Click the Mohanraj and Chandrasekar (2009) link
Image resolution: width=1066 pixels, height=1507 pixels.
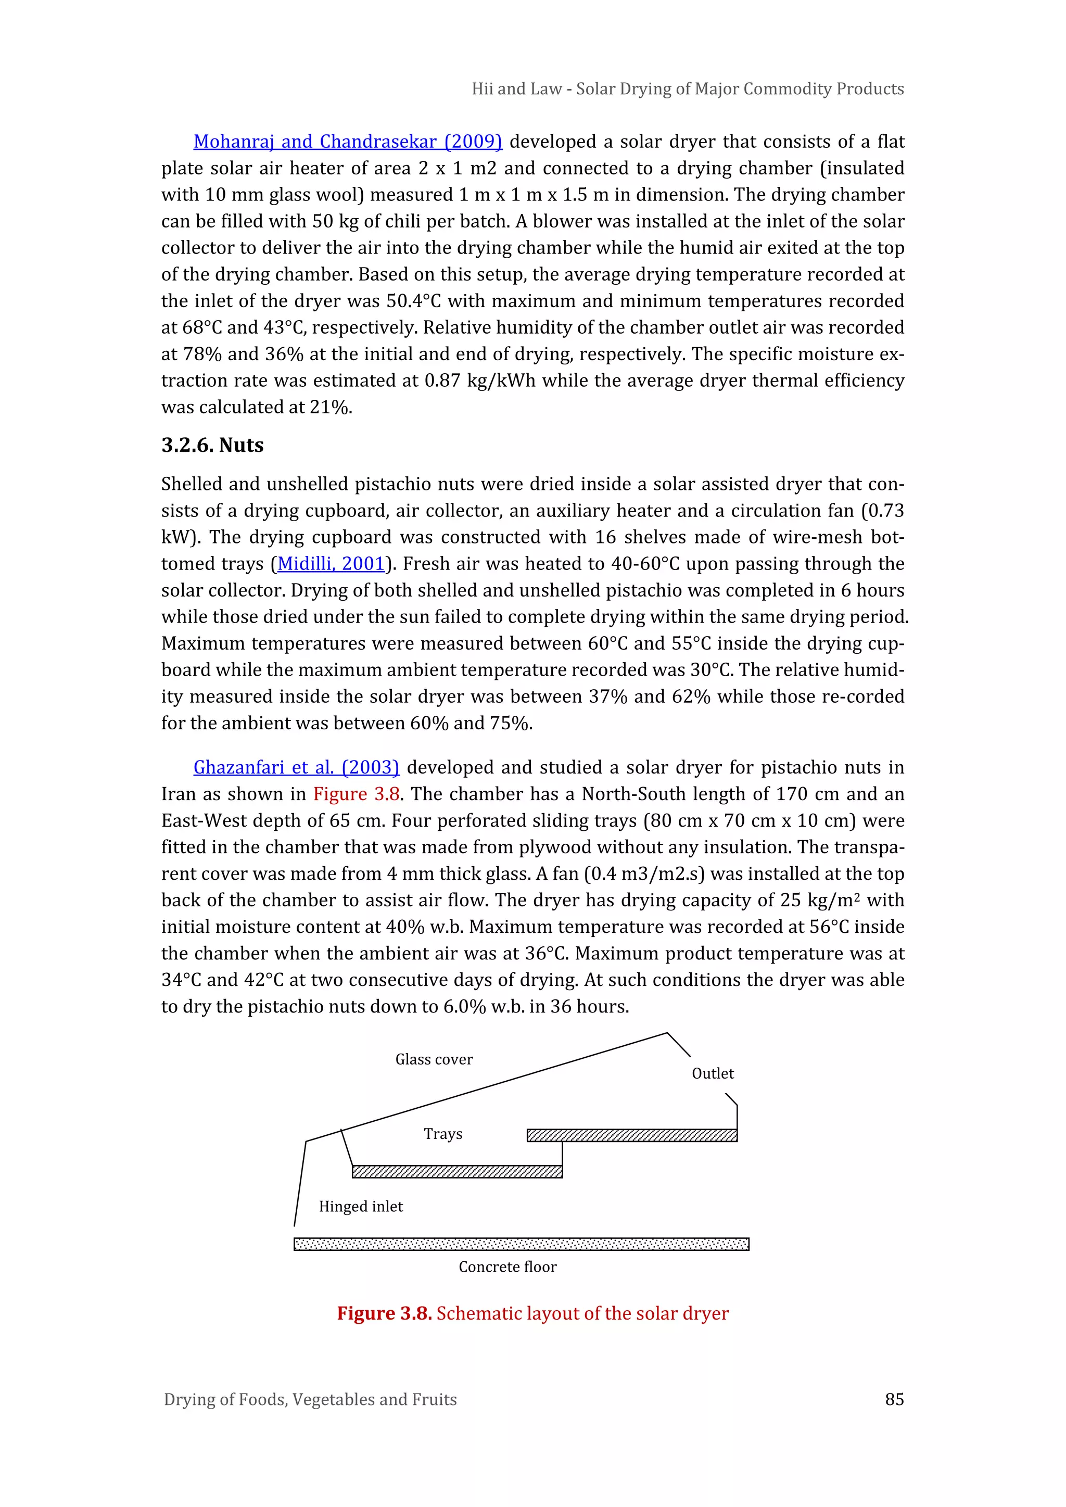tap(347, 142)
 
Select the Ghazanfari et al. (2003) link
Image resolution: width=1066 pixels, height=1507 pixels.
tap(296, 767)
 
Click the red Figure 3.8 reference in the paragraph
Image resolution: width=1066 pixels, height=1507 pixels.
tap(357, 794)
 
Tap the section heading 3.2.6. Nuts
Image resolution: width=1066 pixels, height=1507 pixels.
tap(212, 445)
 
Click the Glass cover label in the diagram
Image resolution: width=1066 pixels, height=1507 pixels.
tap(434, 1059)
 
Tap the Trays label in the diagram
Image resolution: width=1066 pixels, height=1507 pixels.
tap(442, 1134)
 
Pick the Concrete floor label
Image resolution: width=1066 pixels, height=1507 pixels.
tap(507, 1267)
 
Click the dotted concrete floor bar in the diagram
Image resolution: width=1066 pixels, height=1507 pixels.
tap(521, 1244)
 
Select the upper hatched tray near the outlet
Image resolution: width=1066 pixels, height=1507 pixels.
tap(631, 1135)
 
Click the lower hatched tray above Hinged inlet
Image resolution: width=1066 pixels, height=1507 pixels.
tap(457, 1172)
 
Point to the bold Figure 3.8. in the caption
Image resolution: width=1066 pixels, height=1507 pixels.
tap(384, 1313)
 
